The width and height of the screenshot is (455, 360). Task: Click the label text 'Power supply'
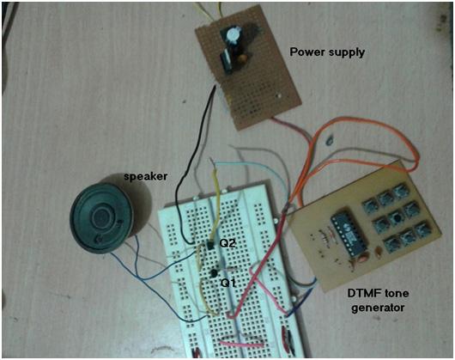(x=327, y=52)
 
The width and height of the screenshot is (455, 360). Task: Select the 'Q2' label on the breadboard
(x=227, y=244)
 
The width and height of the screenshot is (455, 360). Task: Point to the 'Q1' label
(x=228, y=282)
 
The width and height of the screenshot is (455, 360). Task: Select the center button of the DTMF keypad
(x=398, y=218)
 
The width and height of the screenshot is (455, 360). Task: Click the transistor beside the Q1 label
(x=211, y=272)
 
